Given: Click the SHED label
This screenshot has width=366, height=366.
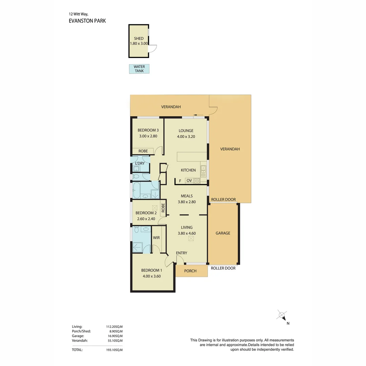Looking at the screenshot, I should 139,38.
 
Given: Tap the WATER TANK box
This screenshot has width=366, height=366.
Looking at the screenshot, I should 139,69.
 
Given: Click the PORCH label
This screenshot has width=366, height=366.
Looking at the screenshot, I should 190,271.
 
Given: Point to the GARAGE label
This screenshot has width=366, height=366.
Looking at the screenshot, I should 223,233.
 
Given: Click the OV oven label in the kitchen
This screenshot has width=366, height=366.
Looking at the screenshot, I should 189,181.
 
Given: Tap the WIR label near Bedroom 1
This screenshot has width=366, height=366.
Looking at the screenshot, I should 156,238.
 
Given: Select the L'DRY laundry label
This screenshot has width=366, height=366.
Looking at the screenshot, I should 140,163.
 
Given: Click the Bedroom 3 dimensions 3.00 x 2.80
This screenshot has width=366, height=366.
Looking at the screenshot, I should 148,136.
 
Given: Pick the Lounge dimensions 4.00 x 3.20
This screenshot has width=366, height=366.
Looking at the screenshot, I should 186,137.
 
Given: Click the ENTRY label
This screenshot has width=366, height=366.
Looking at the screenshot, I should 181,253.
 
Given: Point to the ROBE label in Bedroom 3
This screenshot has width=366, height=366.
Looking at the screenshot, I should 142,151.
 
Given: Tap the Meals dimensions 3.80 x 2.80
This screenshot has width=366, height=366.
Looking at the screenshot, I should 187,202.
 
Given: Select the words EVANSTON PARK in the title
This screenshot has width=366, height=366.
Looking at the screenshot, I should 87,21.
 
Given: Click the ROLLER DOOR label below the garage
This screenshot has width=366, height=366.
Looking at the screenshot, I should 223,268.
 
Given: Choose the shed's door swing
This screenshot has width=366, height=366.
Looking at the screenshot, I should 153,49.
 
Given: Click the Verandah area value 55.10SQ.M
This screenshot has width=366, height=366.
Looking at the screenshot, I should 115,341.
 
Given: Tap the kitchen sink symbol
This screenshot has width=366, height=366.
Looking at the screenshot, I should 203,170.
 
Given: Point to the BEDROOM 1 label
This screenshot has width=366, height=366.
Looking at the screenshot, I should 151,270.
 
